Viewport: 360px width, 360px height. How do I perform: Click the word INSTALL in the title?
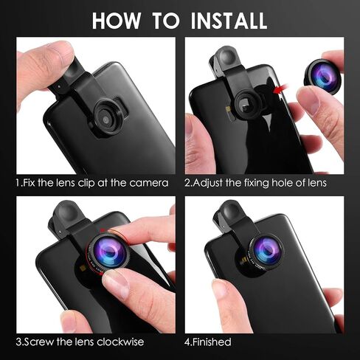[x=229, y=21]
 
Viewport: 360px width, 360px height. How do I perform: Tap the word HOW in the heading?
[x=117, y=21]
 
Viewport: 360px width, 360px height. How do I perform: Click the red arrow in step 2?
[x=281, y=89]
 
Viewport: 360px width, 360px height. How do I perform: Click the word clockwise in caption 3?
[x=120, y=342]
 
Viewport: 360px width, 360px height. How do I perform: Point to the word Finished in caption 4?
[x=212, y=342]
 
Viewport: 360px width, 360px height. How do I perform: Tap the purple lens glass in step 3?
[x=108, y=251]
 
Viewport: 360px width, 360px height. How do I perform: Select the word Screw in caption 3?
[x=39, y=342]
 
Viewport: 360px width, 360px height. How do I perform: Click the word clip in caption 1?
[x=86, y=183]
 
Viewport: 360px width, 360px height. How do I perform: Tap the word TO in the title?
[x=166, y=21]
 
